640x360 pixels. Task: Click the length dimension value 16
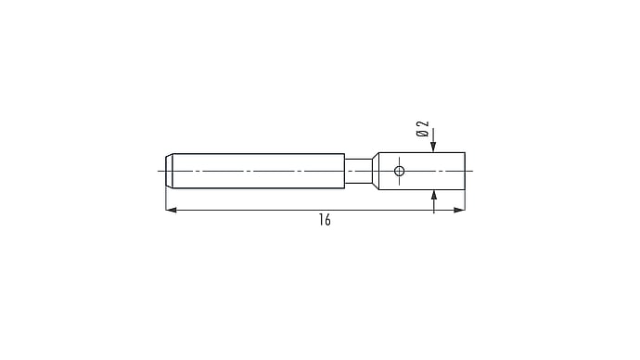[x=325, y=220]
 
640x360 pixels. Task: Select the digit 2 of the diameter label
[x=424, y=124]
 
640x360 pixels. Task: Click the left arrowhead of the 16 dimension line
[x=171, y=211]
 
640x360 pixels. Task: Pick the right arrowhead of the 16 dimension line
[x=459, y=211]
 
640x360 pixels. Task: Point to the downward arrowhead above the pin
[x=433, y=147]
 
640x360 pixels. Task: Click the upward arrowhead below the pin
[x=434, y=196]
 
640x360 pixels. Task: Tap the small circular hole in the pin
[x=399, y=171]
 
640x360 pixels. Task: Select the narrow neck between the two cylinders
[x=358, y=171]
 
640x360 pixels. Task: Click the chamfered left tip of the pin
[x=169, y=171]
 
